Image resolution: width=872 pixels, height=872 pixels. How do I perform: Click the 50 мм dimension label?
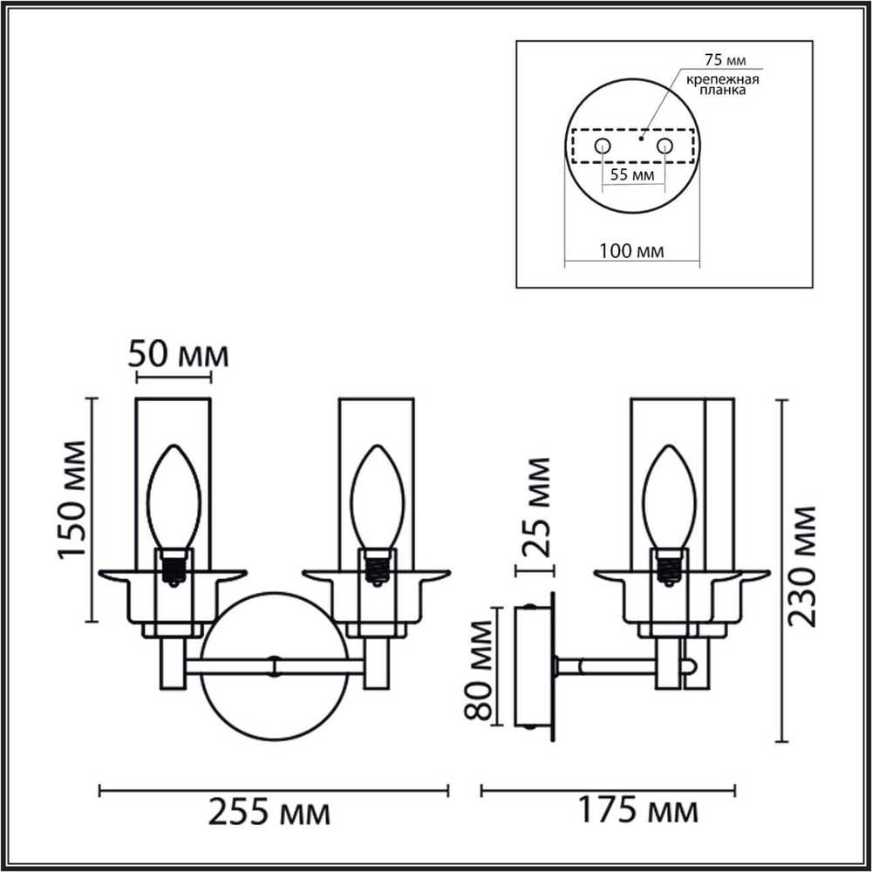(179, 355)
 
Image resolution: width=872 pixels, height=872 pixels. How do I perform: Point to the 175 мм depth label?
(638, 812)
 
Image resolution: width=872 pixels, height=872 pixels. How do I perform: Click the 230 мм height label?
(803, 565)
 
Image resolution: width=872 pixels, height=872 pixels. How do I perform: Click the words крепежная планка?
(721, 85)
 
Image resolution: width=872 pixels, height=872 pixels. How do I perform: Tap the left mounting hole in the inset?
(602, 146)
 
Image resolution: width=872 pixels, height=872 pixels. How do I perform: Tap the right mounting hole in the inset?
(664, 146)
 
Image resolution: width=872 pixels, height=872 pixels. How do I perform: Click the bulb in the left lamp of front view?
(174, 497)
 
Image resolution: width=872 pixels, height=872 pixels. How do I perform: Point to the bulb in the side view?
(668, 497)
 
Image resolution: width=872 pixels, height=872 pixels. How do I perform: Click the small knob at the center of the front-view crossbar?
(275, 667)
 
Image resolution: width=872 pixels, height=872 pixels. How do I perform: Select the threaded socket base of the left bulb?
(174, 567)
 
